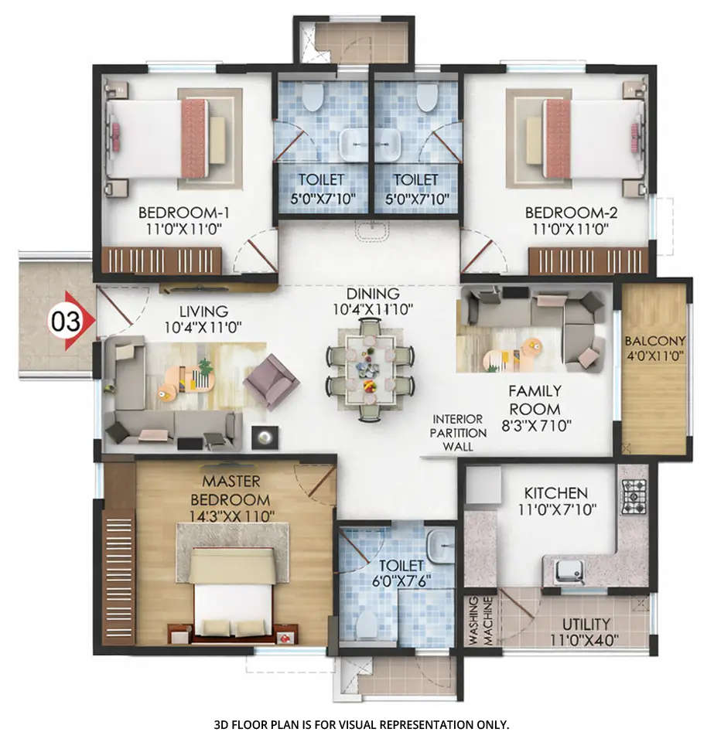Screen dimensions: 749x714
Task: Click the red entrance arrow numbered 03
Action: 71,321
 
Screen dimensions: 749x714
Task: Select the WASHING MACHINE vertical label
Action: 480,621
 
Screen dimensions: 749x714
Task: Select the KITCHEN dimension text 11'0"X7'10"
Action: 555,509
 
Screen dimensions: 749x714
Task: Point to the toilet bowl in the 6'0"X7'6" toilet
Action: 369,624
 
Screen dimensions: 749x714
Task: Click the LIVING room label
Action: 203,312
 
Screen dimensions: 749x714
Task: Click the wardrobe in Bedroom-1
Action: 162,260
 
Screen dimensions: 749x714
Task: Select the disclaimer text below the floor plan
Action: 361,724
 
